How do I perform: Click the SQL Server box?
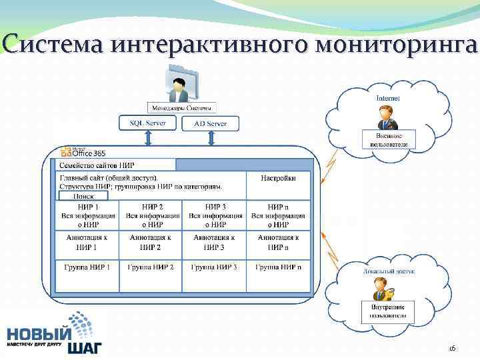click(147, 123)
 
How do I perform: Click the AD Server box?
click(211, 123)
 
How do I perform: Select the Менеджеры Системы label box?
click(181, 107)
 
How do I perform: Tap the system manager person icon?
click(179, 88)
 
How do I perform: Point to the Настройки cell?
click(278, 178)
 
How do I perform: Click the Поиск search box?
click(83, 196)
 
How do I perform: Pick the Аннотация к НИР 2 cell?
click(149, 242)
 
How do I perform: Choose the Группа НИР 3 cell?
click(214, 267)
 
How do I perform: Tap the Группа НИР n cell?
click(278, 267)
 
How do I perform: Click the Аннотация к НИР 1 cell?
click(86, 242)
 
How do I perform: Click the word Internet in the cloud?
click(388, 98)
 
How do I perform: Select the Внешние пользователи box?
click(388, 139)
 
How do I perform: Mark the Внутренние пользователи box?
click(387, 310)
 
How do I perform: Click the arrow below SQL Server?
click(148, 138)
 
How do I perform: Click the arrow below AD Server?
click(211, 138)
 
